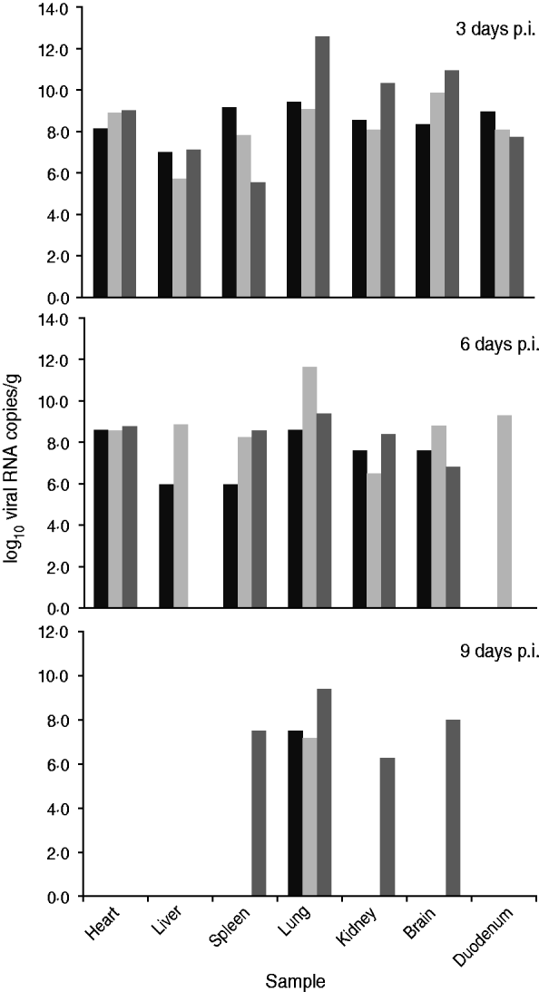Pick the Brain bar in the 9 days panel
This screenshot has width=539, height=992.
coord(453,808)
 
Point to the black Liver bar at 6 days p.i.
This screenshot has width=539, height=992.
coord(166,545)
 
